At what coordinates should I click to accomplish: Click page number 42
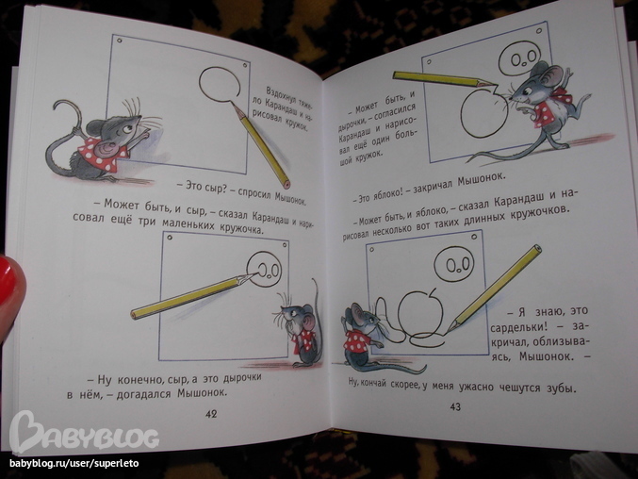coord(211,414)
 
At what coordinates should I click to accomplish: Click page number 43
coord(455,406)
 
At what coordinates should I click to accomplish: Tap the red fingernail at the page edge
coord(11,284)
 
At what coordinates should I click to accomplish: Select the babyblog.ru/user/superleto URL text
coord(74,463)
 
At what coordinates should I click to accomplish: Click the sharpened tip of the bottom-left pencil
coord(254,273)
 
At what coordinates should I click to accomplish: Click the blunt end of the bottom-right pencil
coord(537,248)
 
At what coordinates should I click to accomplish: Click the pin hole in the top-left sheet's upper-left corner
coord(120,41)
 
